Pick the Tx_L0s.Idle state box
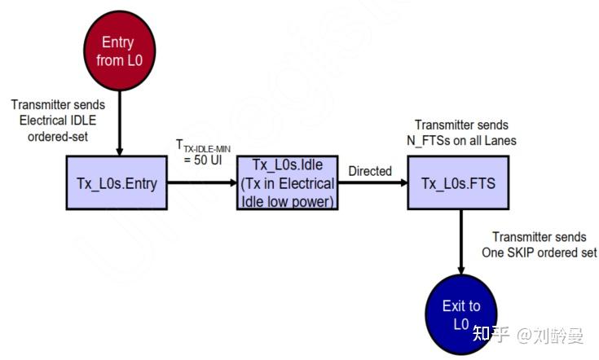click(287, 183)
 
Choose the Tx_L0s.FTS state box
click(460, 183)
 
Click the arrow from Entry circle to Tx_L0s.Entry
click(119, 122)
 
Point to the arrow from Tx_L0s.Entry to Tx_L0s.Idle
click(204, 184)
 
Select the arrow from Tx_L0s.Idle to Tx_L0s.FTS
click(372, 184)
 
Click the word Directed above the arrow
click(370, 171)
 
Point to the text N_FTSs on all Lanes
click(460, 140)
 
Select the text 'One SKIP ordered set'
click(539, 252)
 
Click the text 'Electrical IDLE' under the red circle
click(51, 120)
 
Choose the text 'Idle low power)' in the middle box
click(287, 200)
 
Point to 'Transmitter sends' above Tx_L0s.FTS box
click(460, 125)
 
